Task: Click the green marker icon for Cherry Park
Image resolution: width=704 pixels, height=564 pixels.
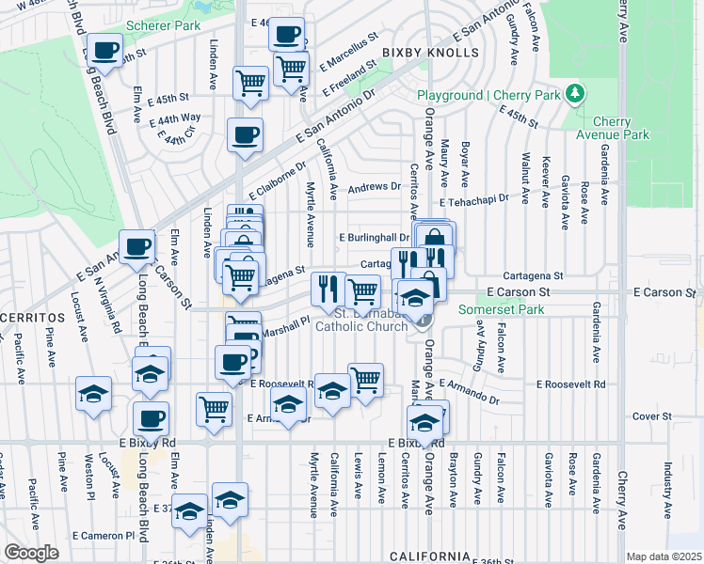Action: [x=573, y=94]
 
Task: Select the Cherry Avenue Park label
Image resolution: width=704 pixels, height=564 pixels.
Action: [x=620, y=128]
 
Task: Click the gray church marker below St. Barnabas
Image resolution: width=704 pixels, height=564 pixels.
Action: [x=423, y=321]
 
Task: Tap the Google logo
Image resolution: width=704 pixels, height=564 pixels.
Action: [x=31, y=552]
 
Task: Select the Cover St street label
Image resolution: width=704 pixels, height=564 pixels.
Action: [x=651, y=415]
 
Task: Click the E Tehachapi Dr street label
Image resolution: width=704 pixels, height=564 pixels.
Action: [x=474, y=198]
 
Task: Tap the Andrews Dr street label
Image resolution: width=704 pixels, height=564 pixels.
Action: [x=374, y=187]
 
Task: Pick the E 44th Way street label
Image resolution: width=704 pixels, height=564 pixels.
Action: [x=178, y=117]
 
